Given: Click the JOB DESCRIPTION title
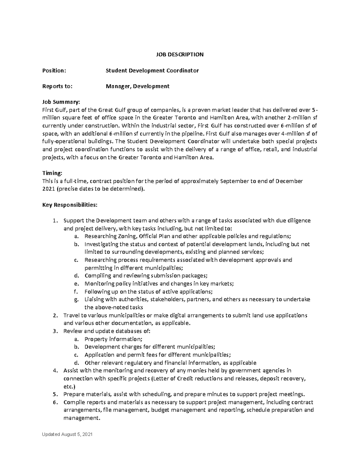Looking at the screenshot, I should (180, 55).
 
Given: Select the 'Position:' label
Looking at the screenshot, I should (54, 71).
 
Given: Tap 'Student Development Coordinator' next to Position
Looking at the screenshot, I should (152, 71).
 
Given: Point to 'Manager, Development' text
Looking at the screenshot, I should (137, 86).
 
